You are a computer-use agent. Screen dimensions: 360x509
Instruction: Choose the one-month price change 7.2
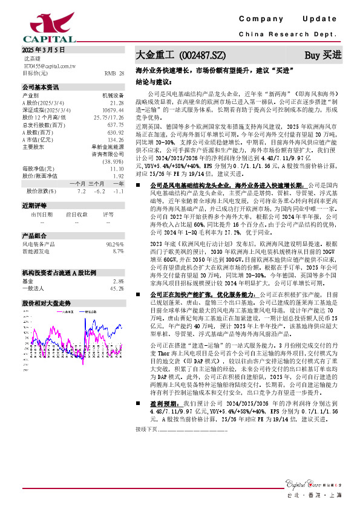tap(65, 190)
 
